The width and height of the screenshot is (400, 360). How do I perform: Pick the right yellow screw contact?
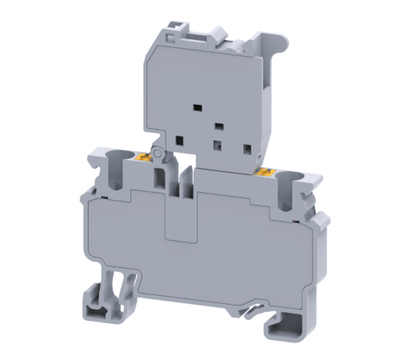[x=265, y=170]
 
